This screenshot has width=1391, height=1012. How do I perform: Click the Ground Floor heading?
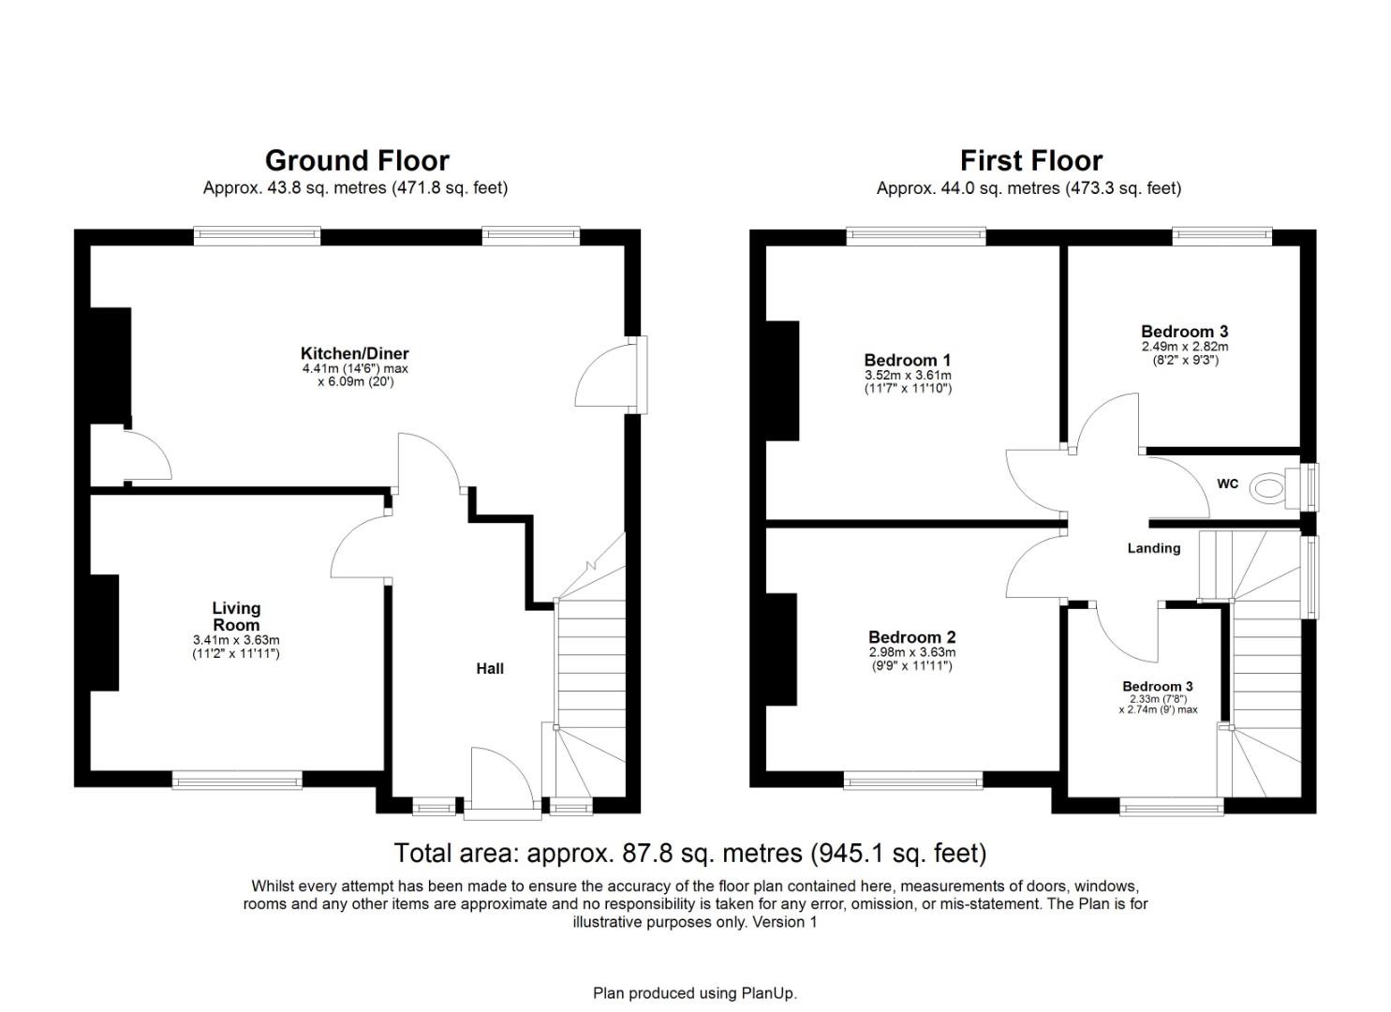click(x=357, y=160)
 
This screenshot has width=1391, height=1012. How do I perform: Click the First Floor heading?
click(x=1030, y=160)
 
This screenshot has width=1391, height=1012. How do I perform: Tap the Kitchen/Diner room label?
click(x=354, y=353)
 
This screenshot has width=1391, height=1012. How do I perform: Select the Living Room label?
click(x=236, y=617)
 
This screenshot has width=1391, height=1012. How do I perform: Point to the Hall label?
click(x=490, y=668)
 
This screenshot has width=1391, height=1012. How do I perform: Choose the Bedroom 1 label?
click(x=907, y=360)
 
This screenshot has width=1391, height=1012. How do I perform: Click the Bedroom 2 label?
click(x=911, y=637)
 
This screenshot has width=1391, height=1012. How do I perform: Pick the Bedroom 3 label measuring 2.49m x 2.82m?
click(x=1184, y=331)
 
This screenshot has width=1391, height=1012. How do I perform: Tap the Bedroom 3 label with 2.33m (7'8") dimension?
click(x=1158, y=686)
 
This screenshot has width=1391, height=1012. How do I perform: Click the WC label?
click(x=1227, y=484)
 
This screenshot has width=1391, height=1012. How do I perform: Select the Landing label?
click(x=1153, y=548)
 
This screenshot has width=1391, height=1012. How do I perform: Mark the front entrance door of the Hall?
click(x=504, y=778)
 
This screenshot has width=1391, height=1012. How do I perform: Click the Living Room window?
click(x=237, y=780)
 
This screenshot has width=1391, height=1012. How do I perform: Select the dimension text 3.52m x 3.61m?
click(x=907, y=375)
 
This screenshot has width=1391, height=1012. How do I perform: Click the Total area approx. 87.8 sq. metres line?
click(x=689, y=854)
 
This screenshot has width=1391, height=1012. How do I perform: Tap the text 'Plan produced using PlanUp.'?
click(x=694, y=993)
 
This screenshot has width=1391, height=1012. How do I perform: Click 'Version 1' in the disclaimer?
click(x=785, y=922)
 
